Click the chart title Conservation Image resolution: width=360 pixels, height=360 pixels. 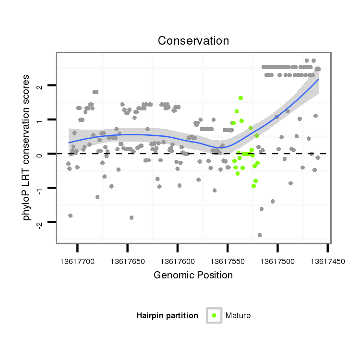click(193, 41)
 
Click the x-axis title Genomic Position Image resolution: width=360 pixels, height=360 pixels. click(193, 275)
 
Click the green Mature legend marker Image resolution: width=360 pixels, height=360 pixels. click(214, 315)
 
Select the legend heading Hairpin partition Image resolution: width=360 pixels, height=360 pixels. click(167, 315)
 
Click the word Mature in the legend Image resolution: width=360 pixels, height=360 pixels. click(238, 315)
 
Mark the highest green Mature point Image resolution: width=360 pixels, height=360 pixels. click(240, 98)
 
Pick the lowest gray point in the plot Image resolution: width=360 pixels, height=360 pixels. click(260, 235)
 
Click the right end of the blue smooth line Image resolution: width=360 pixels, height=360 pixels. click(318, 80)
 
